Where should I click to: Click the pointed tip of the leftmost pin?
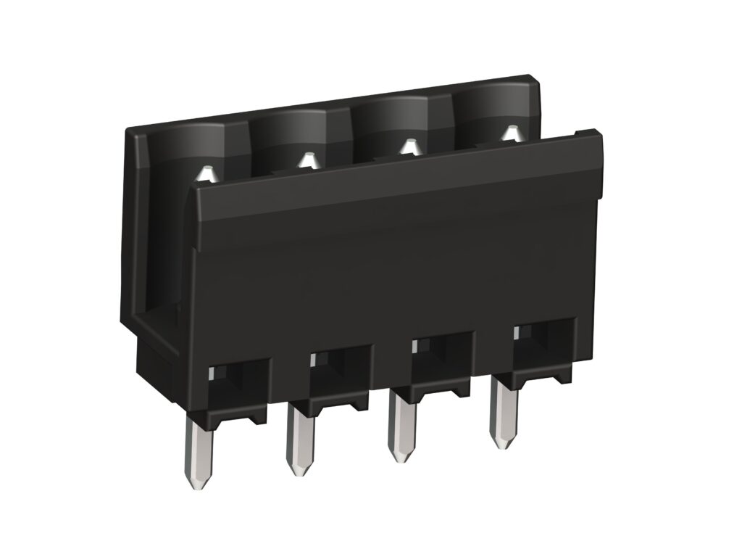pos(198,484)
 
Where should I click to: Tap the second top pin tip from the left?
pos(308,158)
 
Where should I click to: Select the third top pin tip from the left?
pos(409,147)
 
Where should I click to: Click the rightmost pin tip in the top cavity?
pos(511,133)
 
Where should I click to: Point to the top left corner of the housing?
pos(128,131)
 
